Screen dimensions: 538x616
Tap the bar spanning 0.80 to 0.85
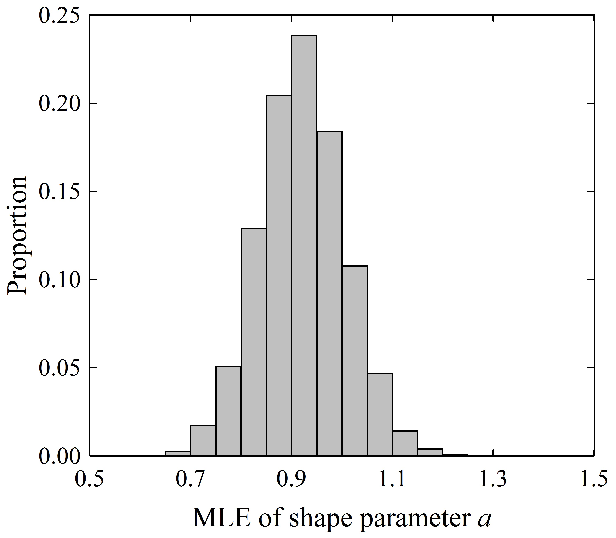click(x=253, y=342)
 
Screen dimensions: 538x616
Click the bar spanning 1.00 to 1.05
click(x=354, y=360)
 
